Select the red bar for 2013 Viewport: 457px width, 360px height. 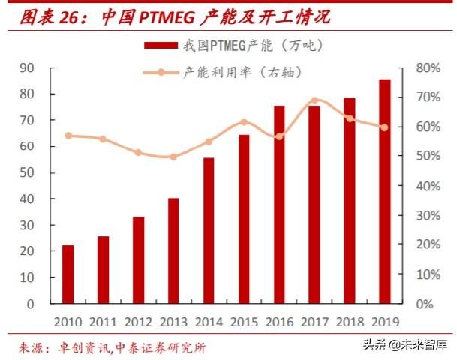coord(173,250)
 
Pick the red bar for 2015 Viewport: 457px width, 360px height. coord(244,219)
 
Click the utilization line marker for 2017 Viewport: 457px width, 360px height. coord(314,100)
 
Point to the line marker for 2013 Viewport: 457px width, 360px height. coord(173,157)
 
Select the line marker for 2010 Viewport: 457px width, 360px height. coord(68,136)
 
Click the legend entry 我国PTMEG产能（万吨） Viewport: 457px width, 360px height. coord(233,46)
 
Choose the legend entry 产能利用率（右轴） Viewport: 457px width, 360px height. coord(233,72)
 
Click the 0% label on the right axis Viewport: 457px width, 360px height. coord(421,304)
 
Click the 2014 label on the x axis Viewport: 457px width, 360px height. coord(209,321)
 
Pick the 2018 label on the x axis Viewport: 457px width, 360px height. coord(350,321)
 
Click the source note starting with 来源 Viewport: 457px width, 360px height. coord(113,347)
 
